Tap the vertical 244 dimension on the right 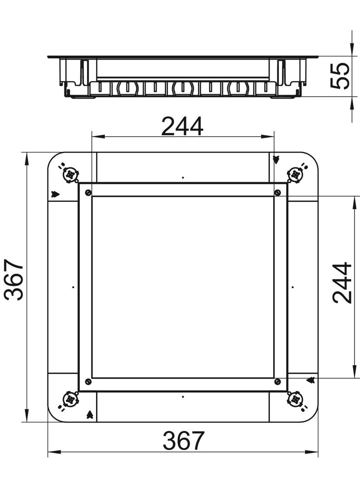pos(342,283)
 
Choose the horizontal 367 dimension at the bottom pos(183,441)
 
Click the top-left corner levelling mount pos(69,174)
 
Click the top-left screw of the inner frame pos(88,193)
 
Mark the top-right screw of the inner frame pos(277,193)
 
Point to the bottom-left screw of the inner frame pos(88,382)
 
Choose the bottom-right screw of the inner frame pos(277,382)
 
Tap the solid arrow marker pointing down pos(276,160)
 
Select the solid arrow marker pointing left pos(310,380)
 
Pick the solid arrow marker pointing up pos(90,415)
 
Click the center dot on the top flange pos(183,178)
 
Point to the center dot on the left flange pos(73,287)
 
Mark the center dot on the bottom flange pos(183,396)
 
